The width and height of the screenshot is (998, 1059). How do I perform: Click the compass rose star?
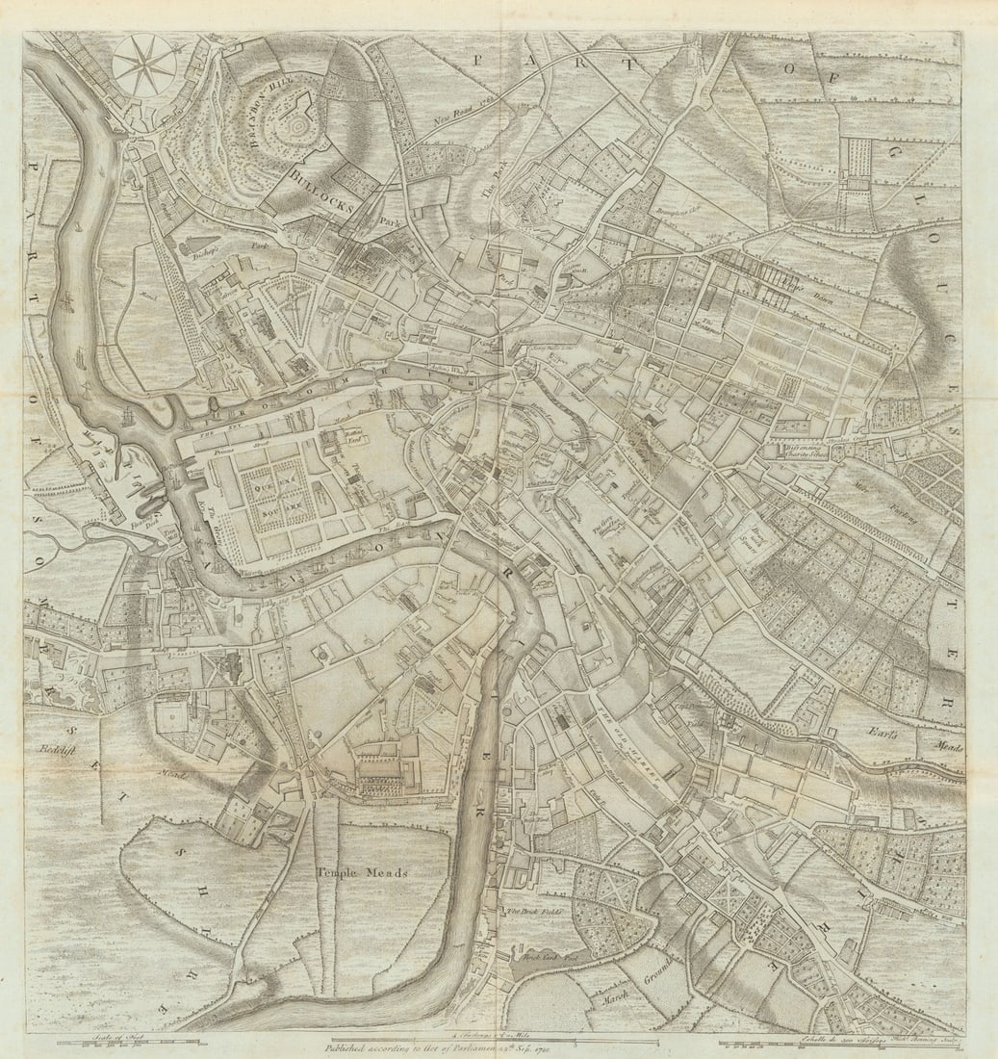click(x=144, y=65)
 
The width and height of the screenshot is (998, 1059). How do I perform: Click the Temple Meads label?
click(x=363, y=872)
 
